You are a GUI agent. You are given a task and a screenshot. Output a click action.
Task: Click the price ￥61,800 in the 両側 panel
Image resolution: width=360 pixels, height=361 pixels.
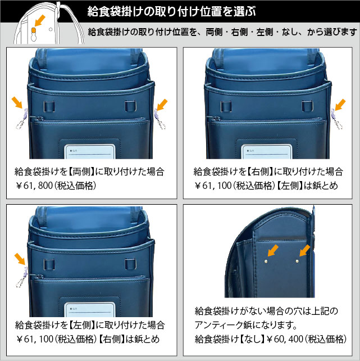tap(34, 186)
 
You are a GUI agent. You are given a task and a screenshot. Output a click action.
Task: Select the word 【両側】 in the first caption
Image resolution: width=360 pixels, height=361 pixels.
tap(81, 172)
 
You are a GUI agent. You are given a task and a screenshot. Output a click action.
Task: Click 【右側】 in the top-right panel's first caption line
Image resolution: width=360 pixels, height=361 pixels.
tap(260, 172)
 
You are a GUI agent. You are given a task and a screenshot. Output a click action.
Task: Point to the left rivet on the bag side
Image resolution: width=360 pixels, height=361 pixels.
tap(266, 261)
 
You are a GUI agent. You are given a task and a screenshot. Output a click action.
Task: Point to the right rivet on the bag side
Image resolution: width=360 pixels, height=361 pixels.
tap(297, 261)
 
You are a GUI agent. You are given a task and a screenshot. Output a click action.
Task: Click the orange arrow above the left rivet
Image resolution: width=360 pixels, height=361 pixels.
tap(273, 250)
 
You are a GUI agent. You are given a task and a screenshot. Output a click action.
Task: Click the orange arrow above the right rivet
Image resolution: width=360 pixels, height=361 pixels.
tap(305, 250)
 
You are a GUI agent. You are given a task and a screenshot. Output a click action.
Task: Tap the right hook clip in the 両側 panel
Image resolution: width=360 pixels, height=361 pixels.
tap(160, 119)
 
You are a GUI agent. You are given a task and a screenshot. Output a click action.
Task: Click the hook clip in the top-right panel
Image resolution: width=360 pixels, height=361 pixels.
tap(336, 119)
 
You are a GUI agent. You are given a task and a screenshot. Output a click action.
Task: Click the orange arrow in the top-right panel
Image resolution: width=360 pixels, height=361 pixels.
tap(340, 105)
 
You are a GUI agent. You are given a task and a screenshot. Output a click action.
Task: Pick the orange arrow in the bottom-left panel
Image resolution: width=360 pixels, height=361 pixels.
tap(20, 259)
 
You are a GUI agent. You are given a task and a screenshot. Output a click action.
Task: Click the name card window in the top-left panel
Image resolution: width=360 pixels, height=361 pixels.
tap(90, 151)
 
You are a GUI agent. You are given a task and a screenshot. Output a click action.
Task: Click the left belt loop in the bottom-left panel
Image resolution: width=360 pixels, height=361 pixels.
tap(49, 264)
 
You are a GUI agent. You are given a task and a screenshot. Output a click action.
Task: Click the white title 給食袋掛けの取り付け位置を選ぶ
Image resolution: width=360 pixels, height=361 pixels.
tap(171, 11)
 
